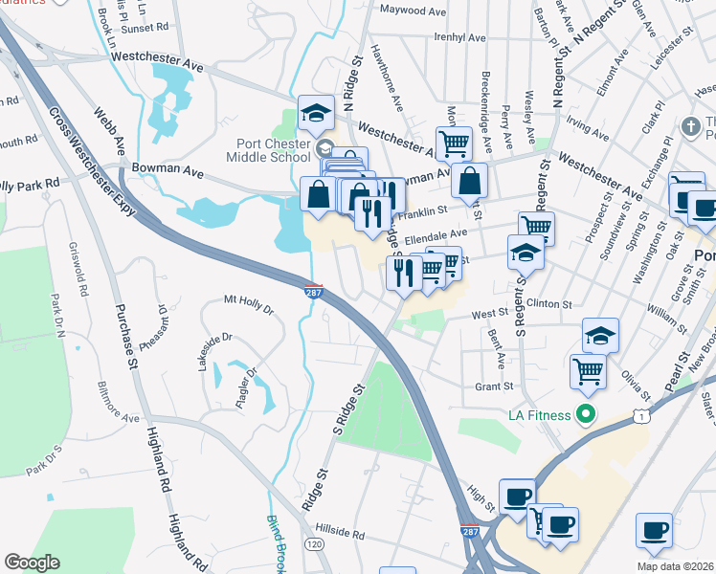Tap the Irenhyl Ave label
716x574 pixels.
click(x=460, y=38)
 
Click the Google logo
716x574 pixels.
click(x=31, y=563)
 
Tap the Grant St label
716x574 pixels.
click(x=496, y=387)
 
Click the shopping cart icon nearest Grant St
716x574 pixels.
click(x=588, y=370)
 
